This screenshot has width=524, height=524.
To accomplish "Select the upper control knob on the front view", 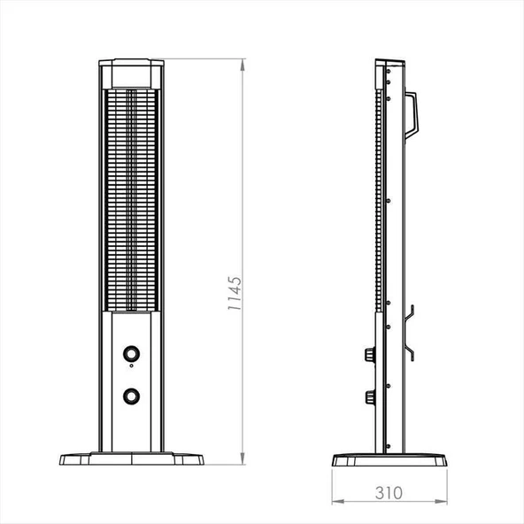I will pyautogui.click(x=131, y=354).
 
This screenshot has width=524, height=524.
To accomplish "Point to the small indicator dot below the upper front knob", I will pyautogui.click(x=131, y=366).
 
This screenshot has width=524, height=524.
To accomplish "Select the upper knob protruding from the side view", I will pyautogui.click(x=367, y=355).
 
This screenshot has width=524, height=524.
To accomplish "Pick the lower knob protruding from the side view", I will pyautogui.click(x=367, y=396).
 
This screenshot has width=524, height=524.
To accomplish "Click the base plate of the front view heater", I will pyautogui.click(x=131, y=459).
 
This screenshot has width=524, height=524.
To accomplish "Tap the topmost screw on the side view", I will pyautogui.click(x=388, y=72).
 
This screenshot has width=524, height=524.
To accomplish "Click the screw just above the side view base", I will pyautogui.click(x=387, y=435).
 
